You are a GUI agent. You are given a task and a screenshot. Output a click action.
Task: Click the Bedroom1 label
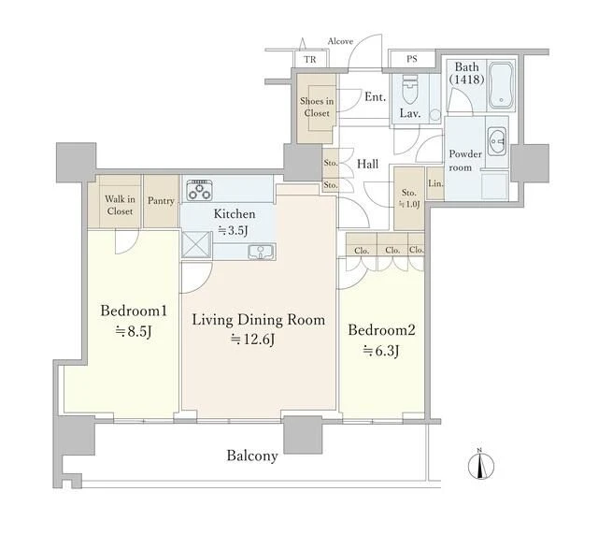(134, 311)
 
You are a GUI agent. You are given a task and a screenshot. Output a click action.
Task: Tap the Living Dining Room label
(258, 320)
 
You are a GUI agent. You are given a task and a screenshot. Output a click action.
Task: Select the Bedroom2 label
(381, 330)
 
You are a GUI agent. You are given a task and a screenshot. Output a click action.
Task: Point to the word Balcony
(252, 455)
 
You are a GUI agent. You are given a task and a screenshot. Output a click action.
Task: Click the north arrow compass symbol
(481, 464)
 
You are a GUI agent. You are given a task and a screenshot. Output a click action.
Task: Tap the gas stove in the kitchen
(200, 190)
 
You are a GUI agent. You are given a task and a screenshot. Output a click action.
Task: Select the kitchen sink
(261, 252)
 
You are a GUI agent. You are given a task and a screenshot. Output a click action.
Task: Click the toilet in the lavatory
(410, 89)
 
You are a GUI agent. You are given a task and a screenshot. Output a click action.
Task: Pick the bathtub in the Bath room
(501, 85)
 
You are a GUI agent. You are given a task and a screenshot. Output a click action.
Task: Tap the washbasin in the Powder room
(496, 141)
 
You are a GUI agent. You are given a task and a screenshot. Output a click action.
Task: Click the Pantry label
(161, 201)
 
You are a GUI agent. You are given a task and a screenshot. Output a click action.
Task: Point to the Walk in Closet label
(120, 205)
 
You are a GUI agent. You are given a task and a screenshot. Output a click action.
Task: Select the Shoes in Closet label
(317, 107)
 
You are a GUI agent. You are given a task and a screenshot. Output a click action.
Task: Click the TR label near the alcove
(310, 60)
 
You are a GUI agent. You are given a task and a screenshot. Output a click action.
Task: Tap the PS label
(411, 59)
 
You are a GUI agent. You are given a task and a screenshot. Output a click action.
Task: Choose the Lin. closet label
(435, 183)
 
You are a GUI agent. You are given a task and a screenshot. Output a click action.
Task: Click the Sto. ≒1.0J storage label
(409, 198)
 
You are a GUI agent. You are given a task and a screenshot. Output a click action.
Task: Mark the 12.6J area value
(253, 340)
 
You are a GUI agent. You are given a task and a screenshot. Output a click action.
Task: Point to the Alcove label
(340, 41)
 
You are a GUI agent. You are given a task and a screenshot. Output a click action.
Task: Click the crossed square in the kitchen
(196, 244)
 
